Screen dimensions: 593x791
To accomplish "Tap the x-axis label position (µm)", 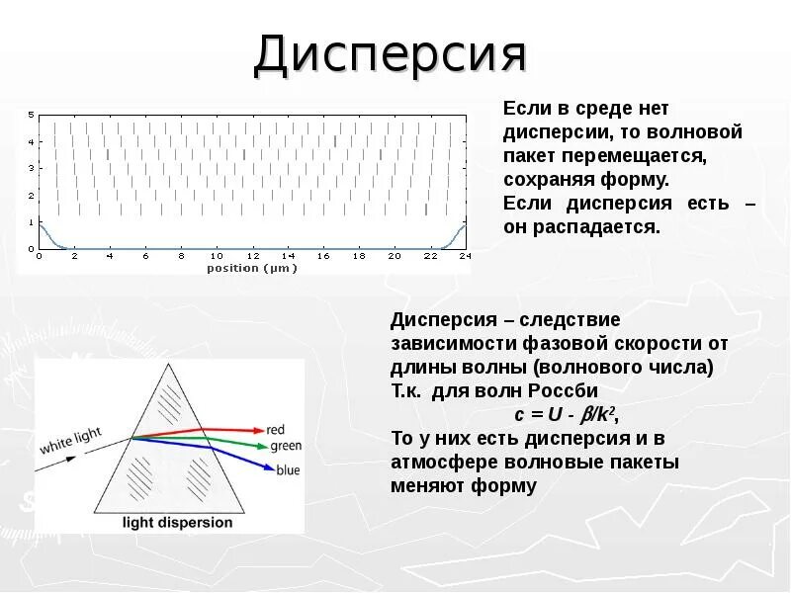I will pyautogui.click(x=247, y=268).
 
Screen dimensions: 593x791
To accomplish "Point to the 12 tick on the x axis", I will pyautogui.click(x=252, y=256).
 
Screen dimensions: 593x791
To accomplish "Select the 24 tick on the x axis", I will pyautogui.click(x=465, y=256).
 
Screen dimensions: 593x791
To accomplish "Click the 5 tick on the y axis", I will pyautogui.click(x=32, y=116).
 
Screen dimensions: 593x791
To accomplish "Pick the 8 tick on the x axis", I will pyautogui.click(x=181, y=256).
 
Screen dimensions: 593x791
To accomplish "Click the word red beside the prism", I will pyautogui.click(x=276, y=430).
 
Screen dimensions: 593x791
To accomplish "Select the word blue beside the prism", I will pyautogui.click(x=288, y=470).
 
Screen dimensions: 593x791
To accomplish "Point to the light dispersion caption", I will pyautogui.click(x=177, y=523).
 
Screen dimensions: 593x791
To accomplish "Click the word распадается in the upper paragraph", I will pyautogui.click(x=611, y=227).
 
